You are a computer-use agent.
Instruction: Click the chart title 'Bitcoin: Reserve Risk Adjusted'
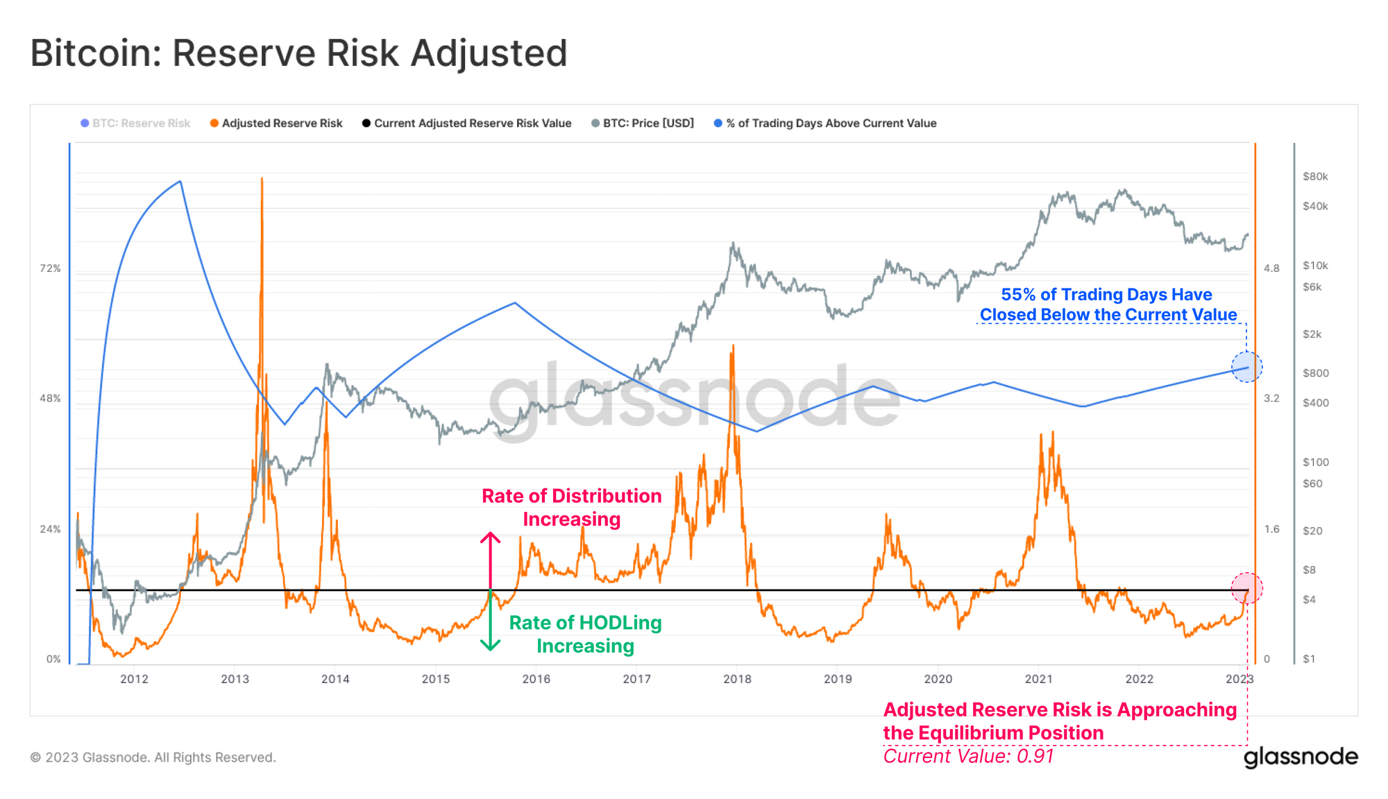pyautogui.click(x=299, y=53)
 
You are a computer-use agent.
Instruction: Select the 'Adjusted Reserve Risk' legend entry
pyautogui.click(x=282, y=123)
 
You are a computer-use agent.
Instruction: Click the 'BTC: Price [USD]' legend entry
pyautogui.click(x=648, y=123)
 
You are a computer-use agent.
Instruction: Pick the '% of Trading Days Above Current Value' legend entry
pyautogui.click(x=831, y=123)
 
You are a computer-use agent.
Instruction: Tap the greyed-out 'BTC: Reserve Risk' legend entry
pyautogui.click(x=141, y=123)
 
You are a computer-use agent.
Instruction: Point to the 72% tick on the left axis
pyautogui.click(x=50, y=268)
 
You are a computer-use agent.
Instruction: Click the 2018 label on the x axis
pyautogui.click(x=737, y=679)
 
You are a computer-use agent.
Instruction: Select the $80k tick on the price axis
pyautogui.click(x=1315, y=177)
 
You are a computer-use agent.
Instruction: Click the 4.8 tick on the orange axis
pyautogui.click(x=1271, y=268)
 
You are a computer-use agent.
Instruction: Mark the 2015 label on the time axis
pyautogui.click(x=436, y=679)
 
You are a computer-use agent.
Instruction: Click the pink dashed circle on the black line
pyautogui.click(x=1246, y=588)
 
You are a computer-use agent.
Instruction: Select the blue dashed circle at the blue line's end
pyautogui.click(x=1246, y=367)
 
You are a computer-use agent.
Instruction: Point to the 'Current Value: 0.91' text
pyautogui.click(x=968, y=756)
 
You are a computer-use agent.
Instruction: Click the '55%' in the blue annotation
pyautogui.click(x=1017, y=295)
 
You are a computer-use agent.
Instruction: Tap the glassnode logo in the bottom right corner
pyautogui.click(x=1301, y=757)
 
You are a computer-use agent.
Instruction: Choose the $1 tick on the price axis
pyautogui.click(x=1309, y=659)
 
